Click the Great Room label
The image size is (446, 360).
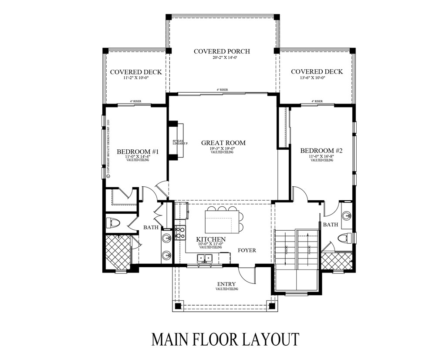[x=223, y=143]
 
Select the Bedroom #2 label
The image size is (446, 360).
[x=322, y=151]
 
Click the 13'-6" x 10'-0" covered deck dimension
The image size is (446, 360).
[x=316, y=78]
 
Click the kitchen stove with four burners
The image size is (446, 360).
[x=179, y=232]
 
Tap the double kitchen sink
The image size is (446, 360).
[x=204, y=258]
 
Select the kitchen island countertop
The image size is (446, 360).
[x=223, y=221]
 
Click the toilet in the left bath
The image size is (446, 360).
[x=114, y=223]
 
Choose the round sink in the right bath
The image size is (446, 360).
[x=347, y=215]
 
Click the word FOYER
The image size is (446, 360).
[x=247, y=250]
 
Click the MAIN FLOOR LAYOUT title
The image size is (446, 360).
[x=225, y=339]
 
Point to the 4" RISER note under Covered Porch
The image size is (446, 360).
[x=223, y=90]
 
